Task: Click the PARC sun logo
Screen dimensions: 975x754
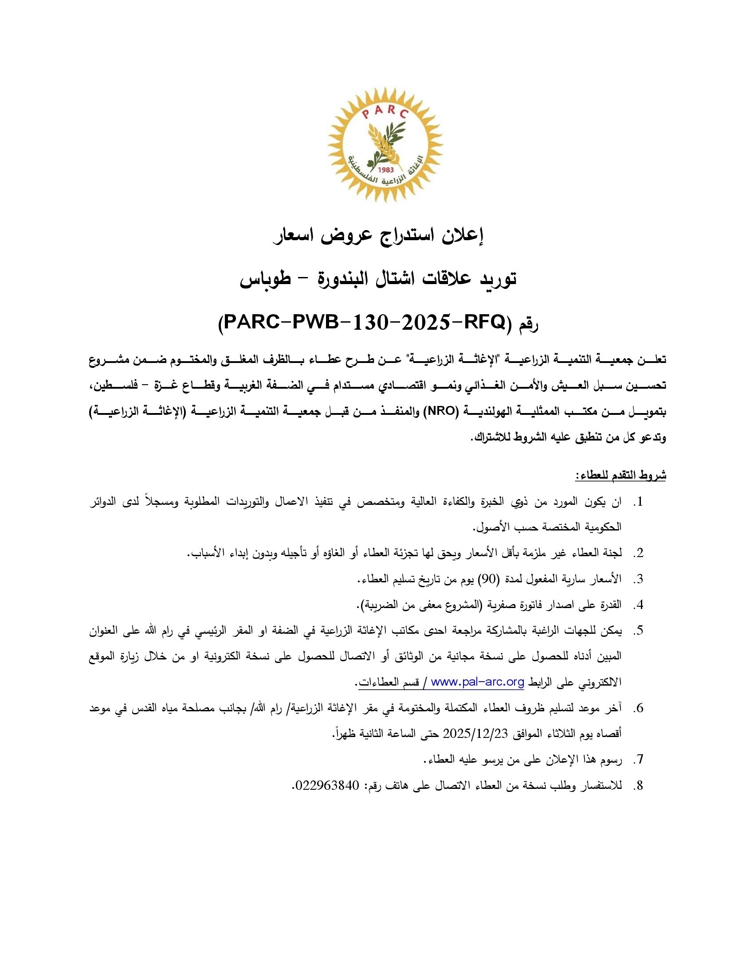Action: click(x=385, y=144)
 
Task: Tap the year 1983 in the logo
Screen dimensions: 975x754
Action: click(x=385, y=170)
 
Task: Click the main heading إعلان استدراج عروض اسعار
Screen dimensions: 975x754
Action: click(x=380, y=237)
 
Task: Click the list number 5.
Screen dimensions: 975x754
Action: click(x=639, y=630)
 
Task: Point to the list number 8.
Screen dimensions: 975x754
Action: click(x=639, y=786)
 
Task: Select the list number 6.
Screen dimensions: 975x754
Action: click(x=639, y=708)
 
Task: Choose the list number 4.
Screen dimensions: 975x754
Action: click(x=639, y=605)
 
